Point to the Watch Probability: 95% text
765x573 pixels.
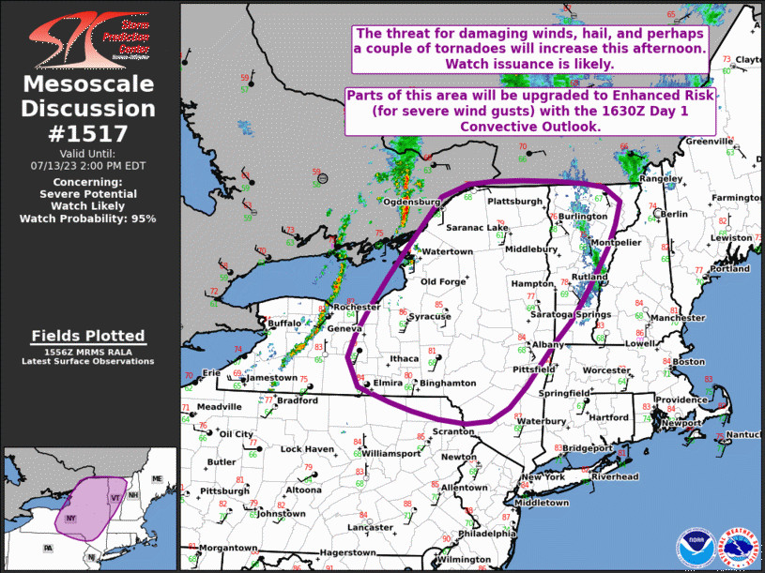pos(88,219)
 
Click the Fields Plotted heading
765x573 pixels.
pos(88,336)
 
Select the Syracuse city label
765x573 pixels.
pos(429,317)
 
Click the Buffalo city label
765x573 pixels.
pos(284,324)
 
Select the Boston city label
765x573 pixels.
pos(689,362)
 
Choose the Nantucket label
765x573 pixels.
pos(746,435)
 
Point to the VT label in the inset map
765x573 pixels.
pos(115,497)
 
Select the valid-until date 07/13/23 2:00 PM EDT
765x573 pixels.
pos(88,164)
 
